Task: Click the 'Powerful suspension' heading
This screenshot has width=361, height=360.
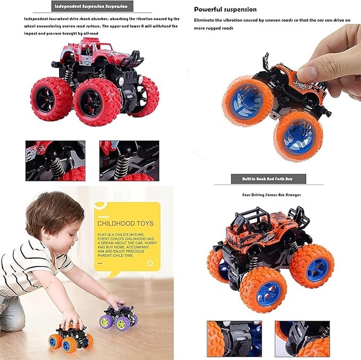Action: point(225,10)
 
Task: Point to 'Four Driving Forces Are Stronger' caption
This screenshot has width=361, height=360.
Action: point(271,195)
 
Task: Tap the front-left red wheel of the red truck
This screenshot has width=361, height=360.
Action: point(52,98)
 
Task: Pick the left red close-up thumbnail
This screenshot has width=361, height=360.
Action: point(55,160)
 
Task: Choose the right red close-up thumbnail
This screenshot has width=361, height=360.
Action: point(129,160)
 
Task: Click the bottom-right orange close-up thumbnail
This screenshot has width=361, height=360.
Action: point(299,339)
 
